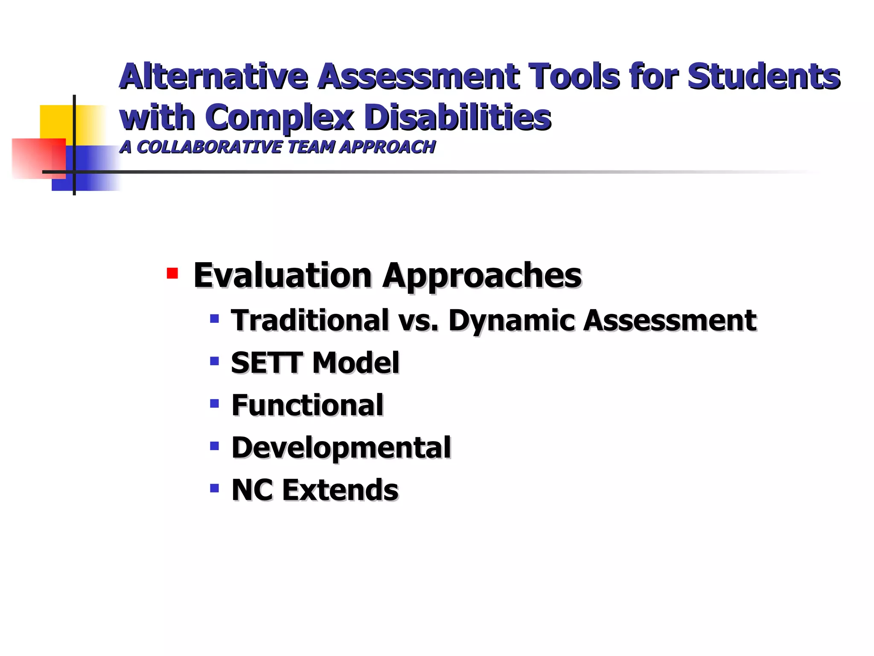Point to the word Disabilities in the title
coord(457,117)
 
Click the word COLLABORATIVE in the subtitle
coord(209,147)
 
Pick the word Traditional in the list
coord(310,320)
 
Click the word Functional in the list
coord(307,405)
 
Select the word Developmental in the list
coord(341,448)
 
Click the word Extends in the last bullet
coord(340,490)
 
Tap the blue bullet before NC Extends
coord(215,488)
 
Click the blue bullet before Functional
coord(215,403)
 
